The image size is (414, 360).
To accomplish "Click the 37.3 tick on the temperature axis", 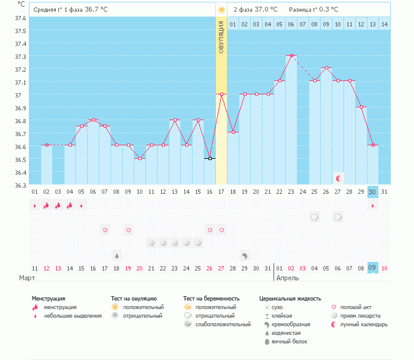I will pyautogui.click(x=21, y=56).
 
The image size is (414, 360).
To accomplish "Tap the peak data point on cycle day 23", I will pyautogui.click(x=291, y=55).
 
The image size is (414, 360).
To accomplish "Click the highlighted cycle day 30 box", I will pyautogui.click(x=372, y=192).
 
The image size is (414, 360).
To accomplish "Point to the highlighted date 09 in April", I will pyautogui.click(x=372, y=268).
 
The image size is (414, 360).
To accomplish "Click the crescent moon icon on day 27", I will pyautogui.click(x=338, y=178).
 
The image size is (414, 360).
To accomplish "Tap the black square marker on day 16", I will pyautogui.click(x=210, y=158).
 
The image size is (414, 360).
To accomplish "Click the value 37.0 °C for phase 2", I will pyautogui.click(x=266, y=10).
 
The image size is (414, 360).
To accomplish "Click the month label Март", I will pyautogui.click(x=26, y=278).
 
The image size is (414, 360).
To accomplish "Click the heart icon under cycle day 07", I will pyautogui.click(x=105, y=230).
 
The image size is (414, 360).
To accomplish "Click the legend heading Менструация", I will pyautogui.click(x=48, y=299).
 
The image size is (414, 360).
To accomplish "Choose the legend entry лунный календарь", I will pyautogui.click(x=363, y=324).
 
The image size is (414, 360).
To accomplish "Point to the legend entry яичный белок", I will pyautogui.click(x=289, y=342).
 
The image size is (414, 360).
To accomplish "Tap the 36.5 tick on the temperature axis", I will pyautogui.click(x=21, y=159).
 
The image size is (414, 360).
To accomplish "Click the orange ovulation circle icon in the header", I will pyautogui.click(x=221, y=10).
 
